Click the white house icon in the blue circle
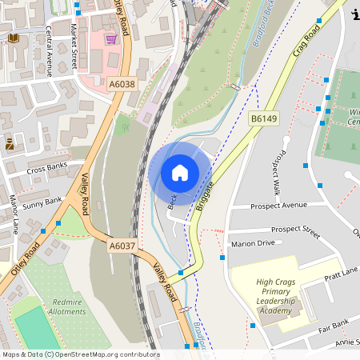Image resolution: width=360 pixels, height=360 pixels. [180, 172]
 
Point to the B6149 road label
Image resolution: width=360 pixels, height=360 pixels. [263, 118]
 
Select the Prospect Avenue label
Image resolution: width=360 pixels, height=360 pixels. [278, 206]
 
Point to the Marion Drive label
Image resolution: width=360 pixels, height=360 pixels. [252, 243]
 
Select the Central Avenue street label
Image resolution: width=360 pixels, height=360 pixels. [49, 51]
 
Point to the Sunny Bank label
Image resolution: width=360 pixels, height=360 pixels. [42, 206]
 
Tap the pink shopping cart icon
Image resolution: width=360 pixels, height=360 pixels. [111, 38]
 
